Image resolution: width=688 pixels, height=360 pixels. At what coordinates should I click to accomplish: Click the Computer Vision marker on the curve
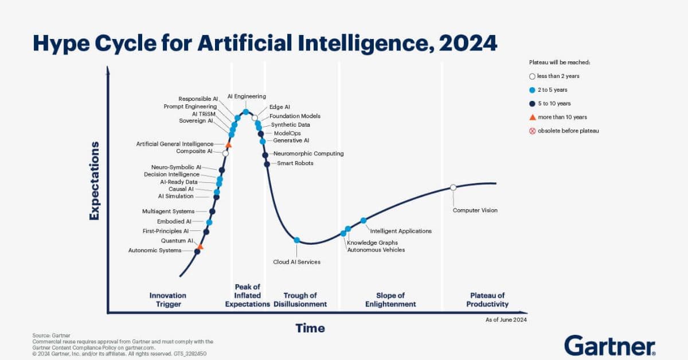click(453, 187)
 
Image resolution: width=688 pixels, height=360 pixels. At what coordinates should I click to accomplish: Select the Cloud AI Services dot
click(297, 240)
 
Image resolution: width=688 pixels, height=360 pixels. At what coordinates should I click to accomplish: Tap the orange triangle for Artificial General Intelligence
click(229, 144)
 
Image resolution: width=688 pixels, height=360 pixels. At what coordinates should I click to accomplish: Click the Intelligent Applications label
click(401, 231)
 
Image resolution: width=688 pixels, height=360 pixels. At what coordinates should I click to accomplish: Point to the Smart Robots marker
click(267, 165)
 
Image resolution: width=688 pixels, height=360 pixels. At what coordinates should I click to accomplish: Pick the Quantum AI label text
click(177, 241)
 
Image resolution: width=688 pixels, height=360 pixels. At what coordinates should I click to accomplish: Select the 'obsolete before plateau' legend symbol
click(532, 131)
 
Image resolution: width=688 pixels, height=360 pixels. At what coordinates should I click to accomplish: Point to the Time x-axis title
click(310, 328)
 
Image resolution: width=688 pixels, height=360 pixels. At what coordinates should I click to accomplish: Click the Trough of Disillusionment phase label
click(300, 300)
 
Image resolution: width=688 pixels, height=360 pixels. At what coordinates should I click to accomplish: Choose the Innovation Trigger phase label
click(168, 300)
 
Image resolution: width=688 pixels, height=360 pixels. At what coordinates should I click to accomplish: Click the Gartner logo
click(609, 346)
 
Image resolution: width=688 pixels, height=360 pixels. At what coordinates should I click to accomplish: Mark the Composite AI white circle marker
click(225, 153)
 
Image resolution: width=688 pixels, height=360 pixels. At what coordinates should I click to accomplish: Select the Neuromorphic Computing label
click(308, 154)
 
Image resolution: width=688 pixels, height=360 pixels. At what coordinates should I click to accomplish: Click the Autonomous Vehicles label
click(376, 250)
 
